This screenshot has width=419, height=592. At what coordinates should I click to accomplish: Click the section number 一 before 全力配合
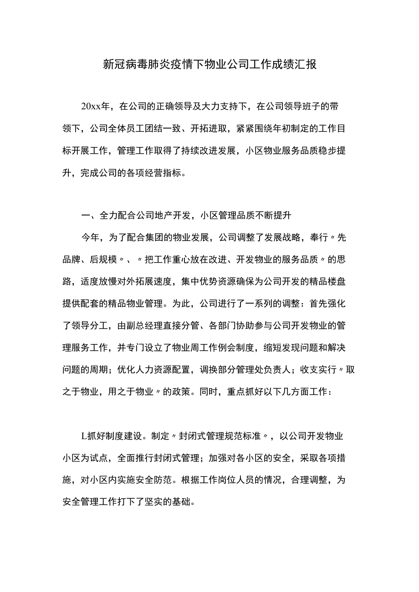85,216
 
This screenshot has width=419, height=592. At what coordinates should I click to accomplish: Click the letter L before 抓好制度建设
83,436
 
